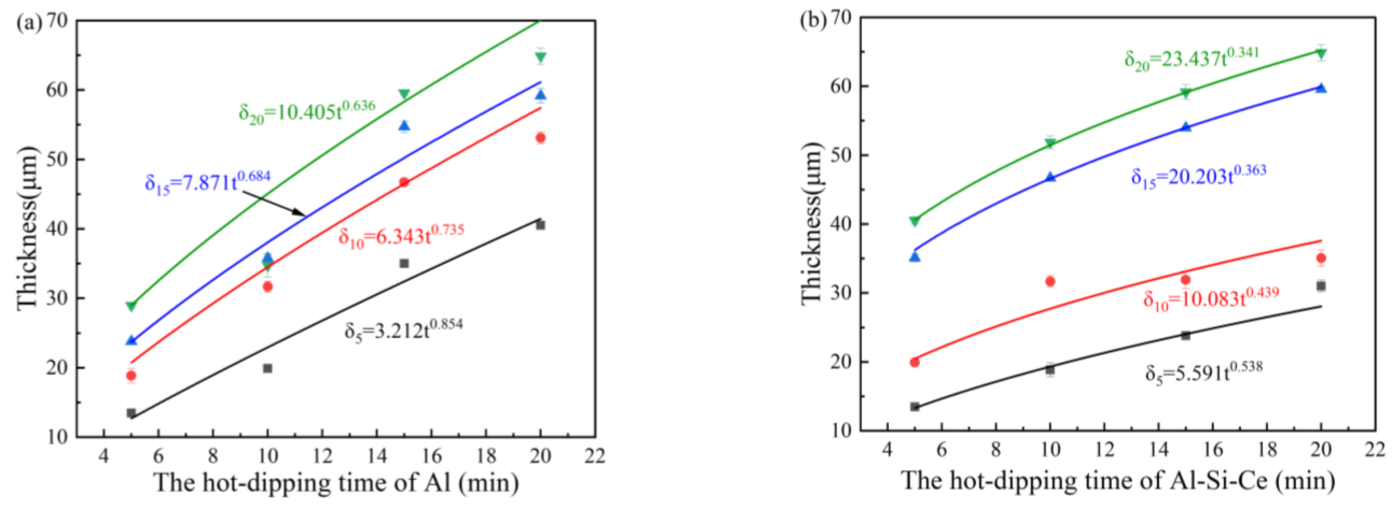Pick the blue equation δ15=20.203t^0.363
pos(1198,176)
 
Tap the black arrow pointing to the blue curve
pos(273,203)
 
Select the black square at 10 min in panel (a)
pos(267,368)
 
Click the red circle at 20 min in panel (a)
pos(540,138)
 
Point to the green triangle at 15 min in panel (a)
pos(404,95)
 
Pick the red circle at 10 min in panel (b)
pos(1050,281)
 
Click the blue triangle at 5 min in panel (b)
pos(915,257)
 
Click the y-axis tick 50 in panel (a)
pos(58,159)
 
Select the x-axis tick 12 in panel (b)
pos(1104,450)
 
